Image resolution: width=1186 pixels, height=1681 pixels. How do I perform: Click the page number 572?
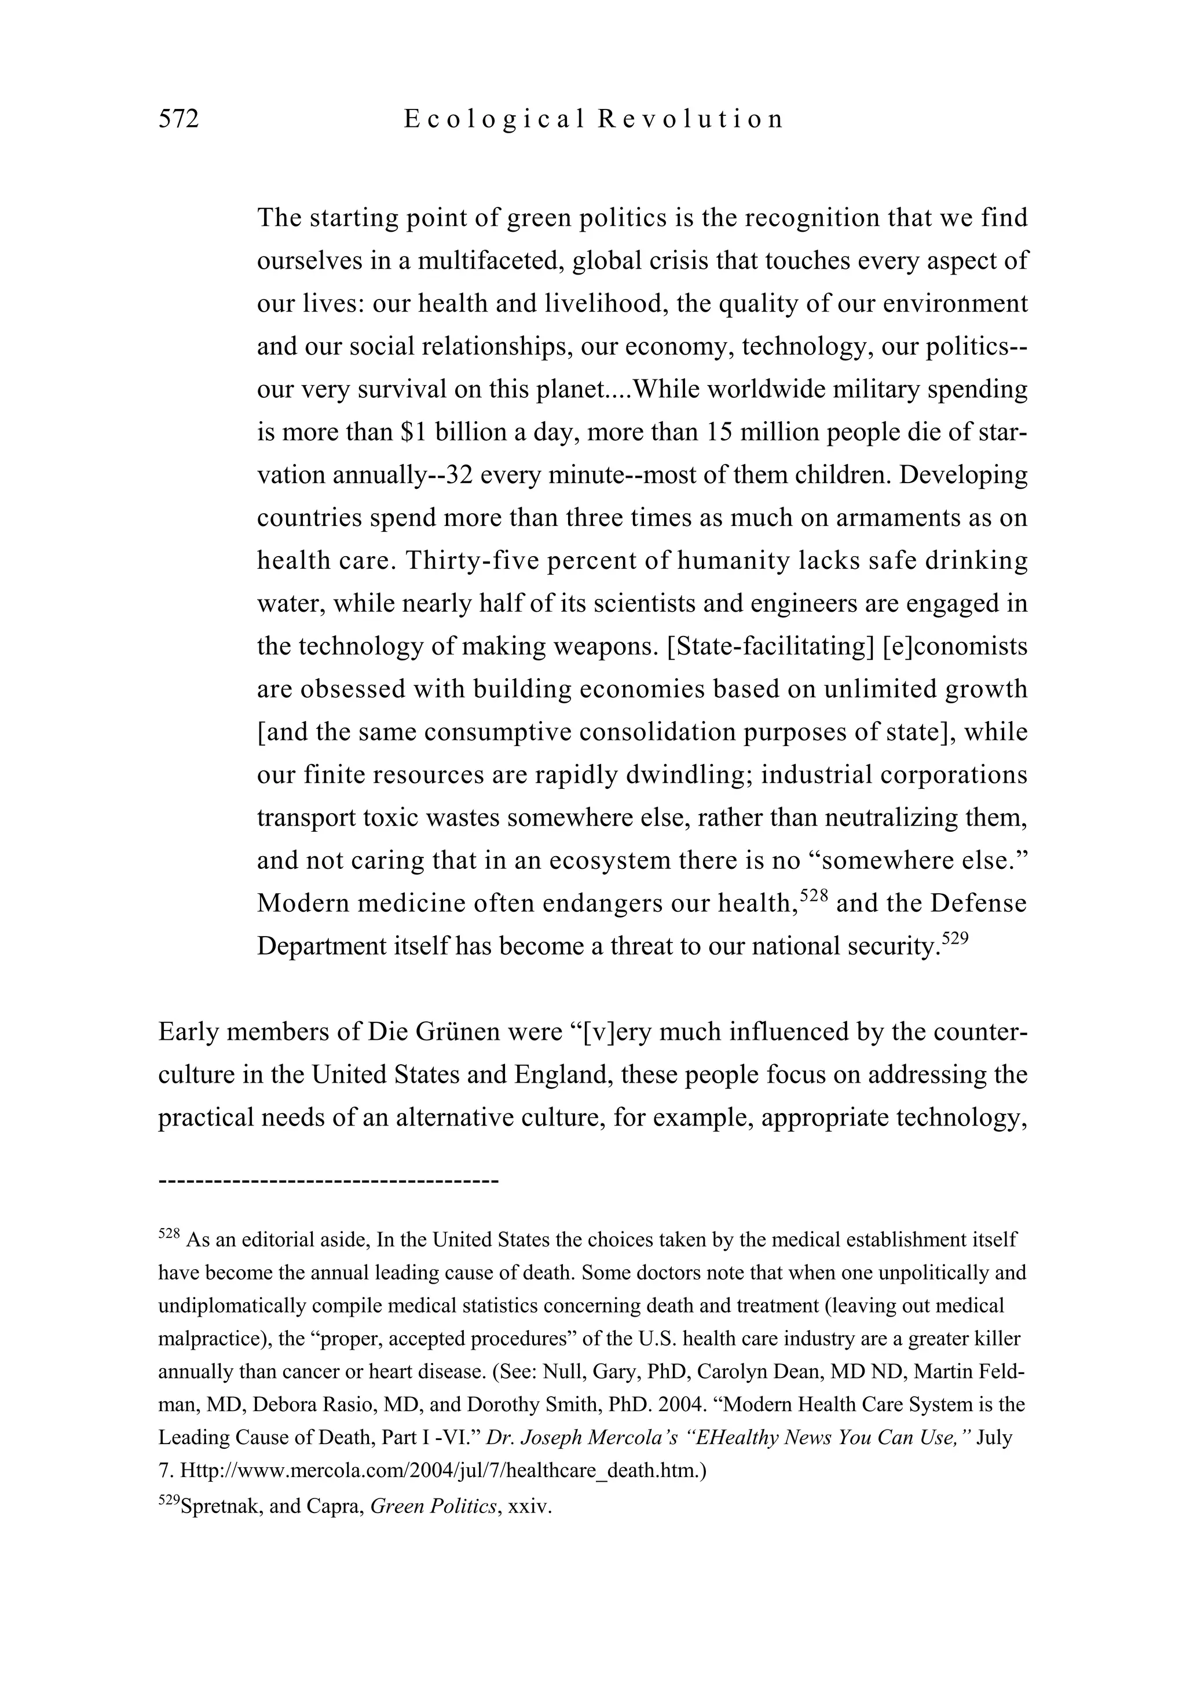click(178, 119)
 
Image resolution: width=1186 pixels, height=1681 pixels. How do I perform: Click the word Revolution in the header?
click(690, 119)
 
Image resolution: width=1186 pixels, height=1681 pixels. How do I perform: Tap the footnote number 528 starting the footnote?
click(169, 1234)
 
